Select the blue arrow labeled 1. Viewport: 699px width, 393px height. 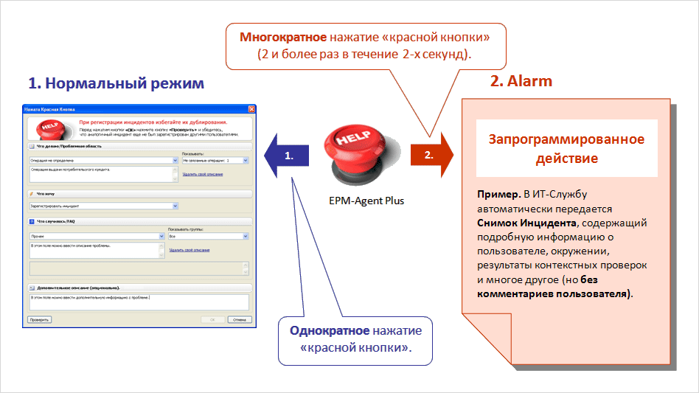tap(290, 156)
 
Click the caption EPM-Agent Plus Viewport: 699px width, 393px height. tap(366, 201)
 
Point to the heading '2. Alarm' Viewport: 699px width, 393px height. tap(521, 81)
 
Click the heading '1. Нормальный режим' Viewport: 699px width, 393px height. tap(116, 83)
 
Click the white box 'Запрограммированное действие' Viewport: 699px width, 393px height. tap(566, 148)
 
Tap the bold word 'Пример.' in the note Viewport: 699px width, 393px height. tap(499, 195)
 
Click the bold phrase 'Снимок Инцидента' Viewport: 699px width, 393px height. tap(523, 223)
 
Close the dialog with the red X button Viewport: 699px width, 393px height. tap(251, 109)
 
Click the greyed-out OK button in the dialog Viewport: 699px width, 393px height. tap(212, 320)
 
